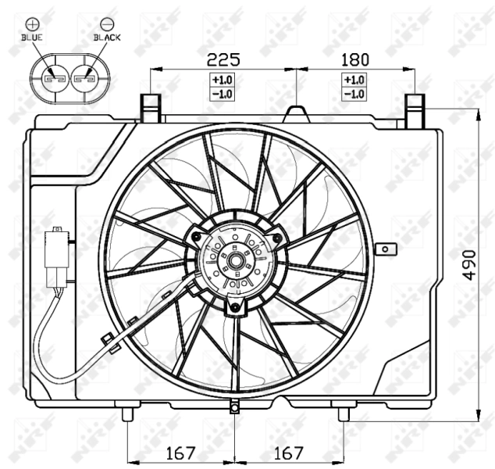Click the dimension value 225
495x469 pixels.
[x=223, y=59]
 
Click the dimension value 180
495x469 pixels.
[x=354, y=59]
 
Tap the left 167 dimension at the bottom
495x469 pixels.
[x=180, y=453]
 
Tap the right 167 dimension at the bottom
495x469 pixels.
[x=287, y=453]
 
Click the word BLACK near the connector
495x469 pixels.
[x=107, y=36]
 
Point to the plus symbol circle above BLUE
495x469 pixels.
[x=32, y=22]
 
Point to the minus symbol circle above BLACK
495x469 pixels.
[x=106, y=22]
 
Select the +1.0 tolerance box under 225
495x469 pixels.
[x=223, y=80]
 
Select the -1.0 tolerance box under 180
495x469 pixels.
[x=354, y=94]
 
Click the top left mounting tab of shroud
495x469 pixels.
[x=150, y=108]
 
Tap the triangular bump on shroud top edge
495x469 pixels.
[x=297, y=114]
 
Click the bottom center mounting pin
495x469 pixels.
[x=234, y=407]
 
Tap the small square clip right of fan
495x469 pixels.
[x=383, y=249]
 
